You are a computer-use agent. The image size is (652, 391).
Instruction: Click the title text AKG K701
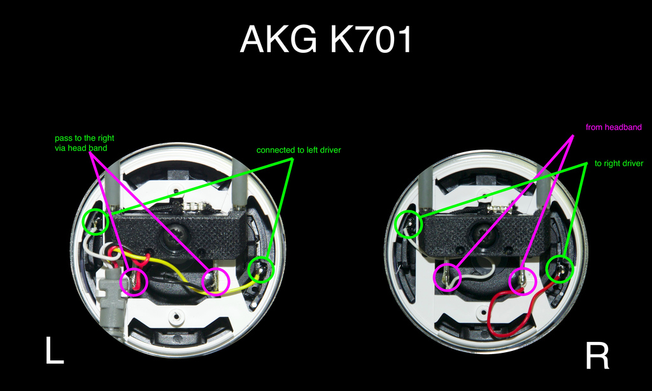pyautogui.click(x=326, y=41)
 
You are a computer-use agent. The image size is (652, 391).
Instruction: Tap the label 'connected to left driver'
pyautogui.click(x=299, y=150)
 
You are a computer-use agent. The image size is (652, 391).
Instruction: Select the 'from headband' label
pyautogui.click(x=613, y=127)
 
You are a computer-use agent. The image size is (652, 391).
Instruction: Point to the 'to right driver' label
pyautogui.click(x=619, y=164)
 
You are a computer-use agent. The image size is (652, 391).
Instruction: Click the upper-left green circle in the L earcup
pyautogui.click(x=96, y=221)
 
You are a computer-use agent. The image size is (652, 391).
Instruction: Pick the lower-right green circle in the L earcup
pyautogui.click(x=260, y=270)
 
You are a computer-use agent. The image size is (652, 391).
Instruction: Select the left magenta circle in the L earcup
pyautogui.click(x=134, y=281)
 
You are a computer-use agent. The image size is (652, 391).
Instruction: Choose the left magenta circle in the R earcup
pyautogui.click(x=448, y=277)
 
